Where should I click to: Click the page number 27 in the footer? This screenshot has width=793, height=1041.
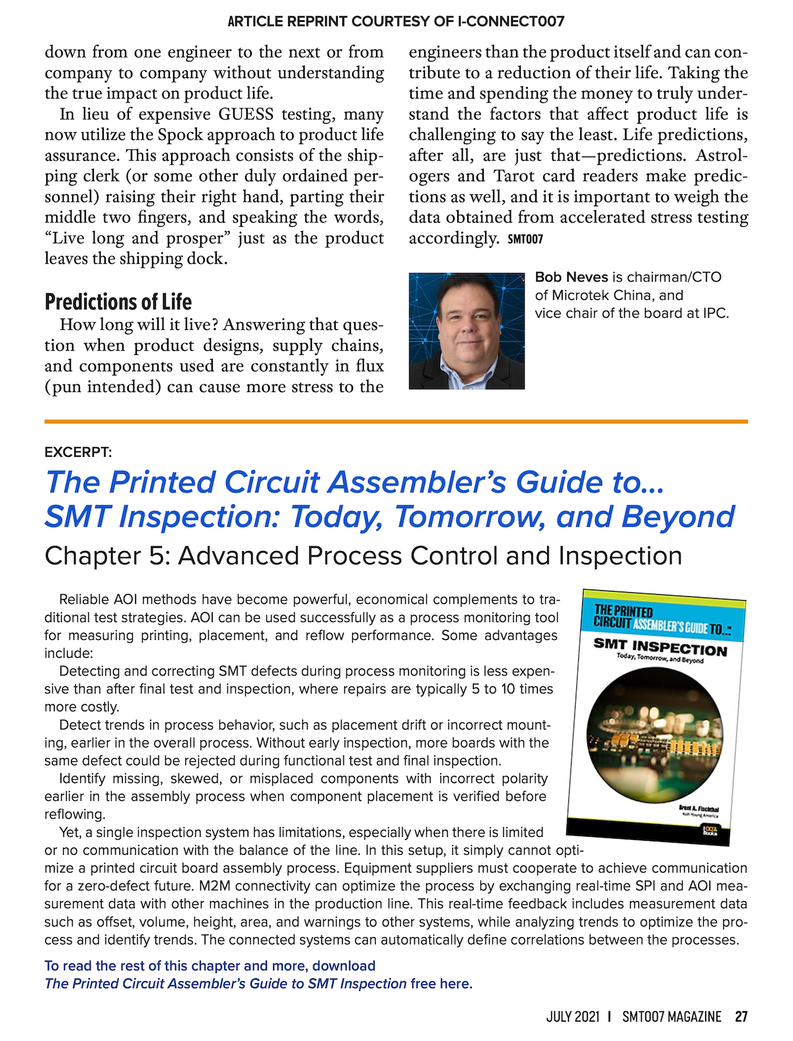coord(741,1017)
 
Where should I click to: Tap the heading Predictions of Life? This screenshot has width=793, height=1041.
coord(118,302)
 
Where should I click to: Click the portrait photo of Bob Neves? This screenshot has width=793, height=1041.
coord(466,331)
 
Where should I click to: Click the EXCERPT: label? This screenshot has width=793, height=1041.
coord(78,453)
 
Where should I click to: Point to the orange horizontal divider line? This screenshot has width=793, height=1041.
coord(396,421)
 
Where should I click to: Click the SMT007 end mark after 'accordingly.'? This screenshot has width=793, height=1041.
coord(525,239)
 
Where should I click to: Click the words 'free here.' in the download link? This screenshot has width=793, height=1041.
coord(441,983)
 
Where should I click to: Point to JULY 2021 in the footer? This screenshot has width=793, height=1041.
coord(572,1017)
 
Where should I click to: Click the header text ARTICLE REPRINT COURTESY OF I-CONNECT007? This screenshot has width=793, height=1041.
coord(396,21)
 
